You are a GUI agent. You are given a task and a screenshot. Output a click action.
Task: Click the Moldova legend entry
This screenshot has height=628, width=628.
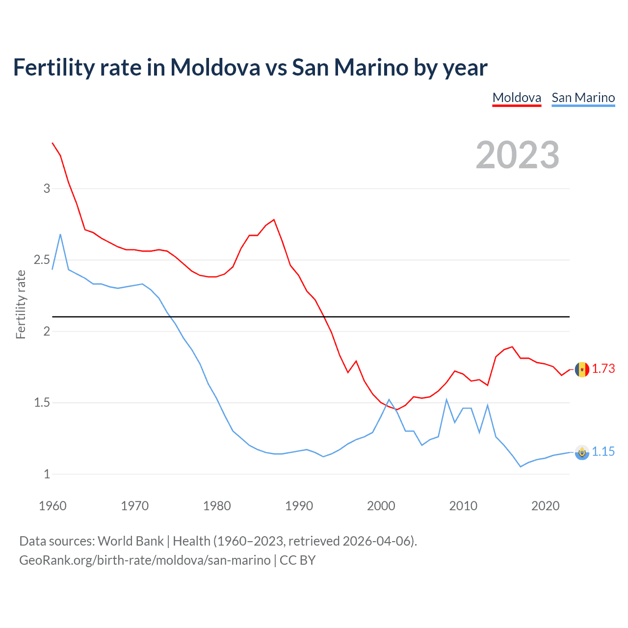coord(517,98)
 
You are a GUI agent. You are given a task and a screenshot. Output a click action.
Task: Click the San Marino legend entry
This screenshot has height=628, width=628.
coord(583,98)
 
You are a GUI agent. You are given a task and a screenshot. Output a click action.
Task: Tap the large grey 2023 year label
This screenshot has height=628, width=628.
coord(518,155)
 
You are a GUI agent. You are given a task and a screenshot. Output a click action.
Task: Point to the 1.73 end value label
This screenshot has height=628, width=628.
coord(603,368)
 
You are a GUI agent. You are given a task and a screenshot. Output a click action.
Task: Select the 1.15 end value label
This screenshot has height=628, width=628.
coord(603,451)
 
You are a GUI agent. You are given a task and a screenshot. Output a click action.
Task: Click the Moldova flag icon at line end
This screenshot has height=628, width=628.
coord(582,369)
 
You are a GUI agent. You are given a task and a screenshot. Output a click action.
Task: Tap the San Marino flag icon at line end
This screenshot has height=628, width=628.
coord(582,452)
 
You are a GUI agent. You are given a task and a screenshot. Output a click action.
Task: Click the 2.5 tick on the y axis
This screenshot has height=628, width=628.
coord(42,260)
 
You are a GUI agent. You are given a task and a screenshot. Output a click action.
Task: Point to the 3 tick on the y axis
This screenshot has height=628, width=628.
coord(47,188)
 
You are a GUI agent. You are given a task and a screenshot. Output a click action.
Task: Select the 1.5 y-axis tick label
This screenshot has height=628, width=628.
coord(42,403)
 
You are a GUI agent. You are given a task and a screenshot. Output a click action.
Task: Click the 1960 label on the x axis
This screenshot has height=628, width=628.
coord(52,506)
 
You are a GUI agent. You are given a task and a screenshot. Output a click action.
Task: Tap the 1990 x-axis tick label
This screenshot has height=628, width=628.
coord(299,506)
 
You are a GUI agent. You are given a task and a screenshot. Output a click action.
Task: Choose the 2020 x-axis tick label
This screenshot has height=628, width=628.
coord(545,506)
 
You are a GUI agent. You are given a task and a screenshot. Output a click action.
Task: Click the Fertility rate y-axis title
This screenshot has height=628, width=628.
coord(21,304)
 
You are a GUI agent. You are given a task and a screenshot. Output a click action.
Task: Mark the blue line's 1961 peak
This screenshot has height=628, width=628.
coord(60,235)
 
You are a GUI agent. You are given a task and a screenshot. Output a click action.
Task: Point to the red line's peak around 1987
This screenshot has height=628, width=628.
coord(274,220)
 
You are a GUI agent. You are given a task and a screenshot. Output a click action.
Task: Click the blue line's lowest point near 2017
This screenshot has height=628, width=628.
coord(521,467)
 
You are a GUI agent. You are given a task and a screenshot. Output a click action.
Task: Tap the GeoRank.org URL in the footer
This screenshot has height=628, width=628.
coord(145,560)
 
